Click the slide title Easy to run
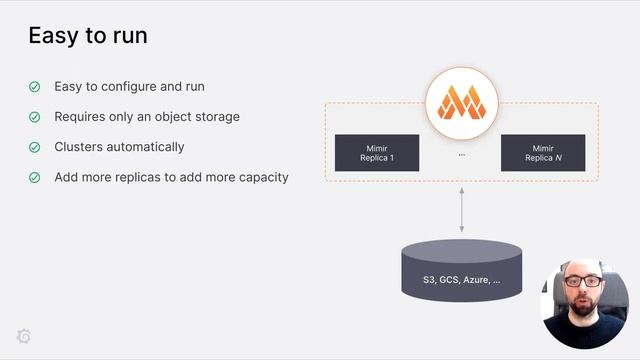click(x=87, y=36)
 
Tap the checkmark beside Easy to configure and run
click(x=34, y=87)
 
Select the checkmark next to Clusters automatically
click(x=34, y=147)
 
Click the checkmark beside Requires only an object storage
click(x=34, y=117)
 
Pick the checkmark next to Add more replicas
click(x=34, y=177)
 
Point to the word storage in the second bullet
click(x=217, y=117)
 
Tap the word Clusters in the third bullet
click(x=79, y=147)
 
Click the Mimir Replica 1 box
click(x=376, y=153)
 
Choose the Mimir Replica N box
click(x=542, y=153)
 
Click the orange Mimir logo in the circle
click(x=461, y=102)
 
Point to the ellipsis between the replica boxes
click(x=461, y=155)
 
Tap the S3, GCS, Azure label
click(x=461, y=281)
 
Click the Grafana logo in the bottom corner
click(x=24, y=336)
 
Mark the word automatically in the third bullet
click(x=147, y=147)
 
